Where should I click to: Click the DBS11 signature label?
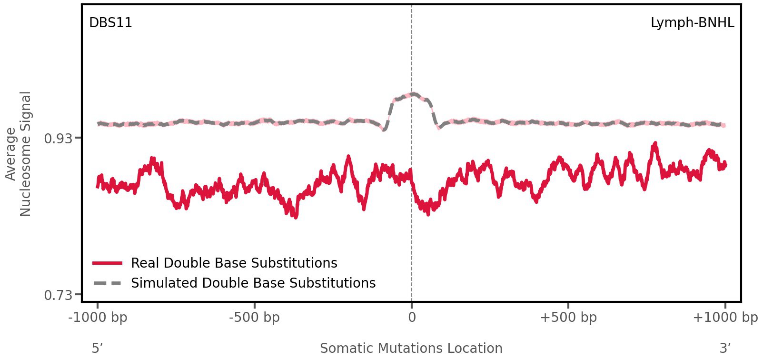110,23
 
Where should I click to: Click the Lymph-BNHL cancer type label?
692,23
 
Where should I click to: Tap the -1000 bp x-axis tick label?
98,317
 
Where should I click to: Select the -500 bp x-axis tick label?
255,317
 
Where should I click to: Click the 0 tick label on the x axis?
412,317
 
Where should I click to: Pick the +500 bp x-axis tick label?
568,317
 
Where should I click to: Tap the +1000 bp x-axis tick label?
725,317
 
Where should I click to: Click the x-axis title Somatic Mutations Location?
411,348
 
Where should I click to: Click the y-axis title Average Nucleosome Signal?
19,153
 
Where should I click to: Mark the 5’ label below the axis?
97,348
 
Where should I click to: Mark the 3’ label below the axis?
725,348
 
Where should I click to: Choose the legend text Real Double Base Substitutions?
234,263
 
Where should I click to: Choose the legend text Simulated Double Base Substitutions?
253,283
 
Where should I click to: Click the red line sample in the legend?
108,263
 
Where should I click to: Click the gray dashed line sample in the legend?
108,283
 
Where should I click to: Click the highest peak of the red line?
655,143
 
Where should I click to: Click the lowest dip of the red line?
296,217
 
